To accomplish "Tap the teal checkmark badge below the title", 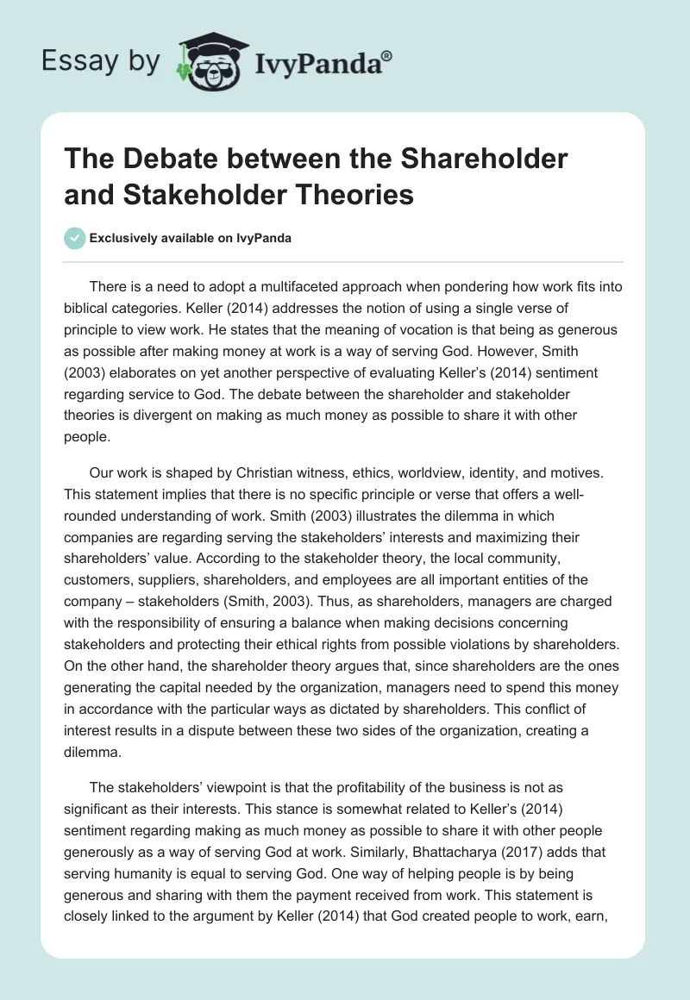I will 75,238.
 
